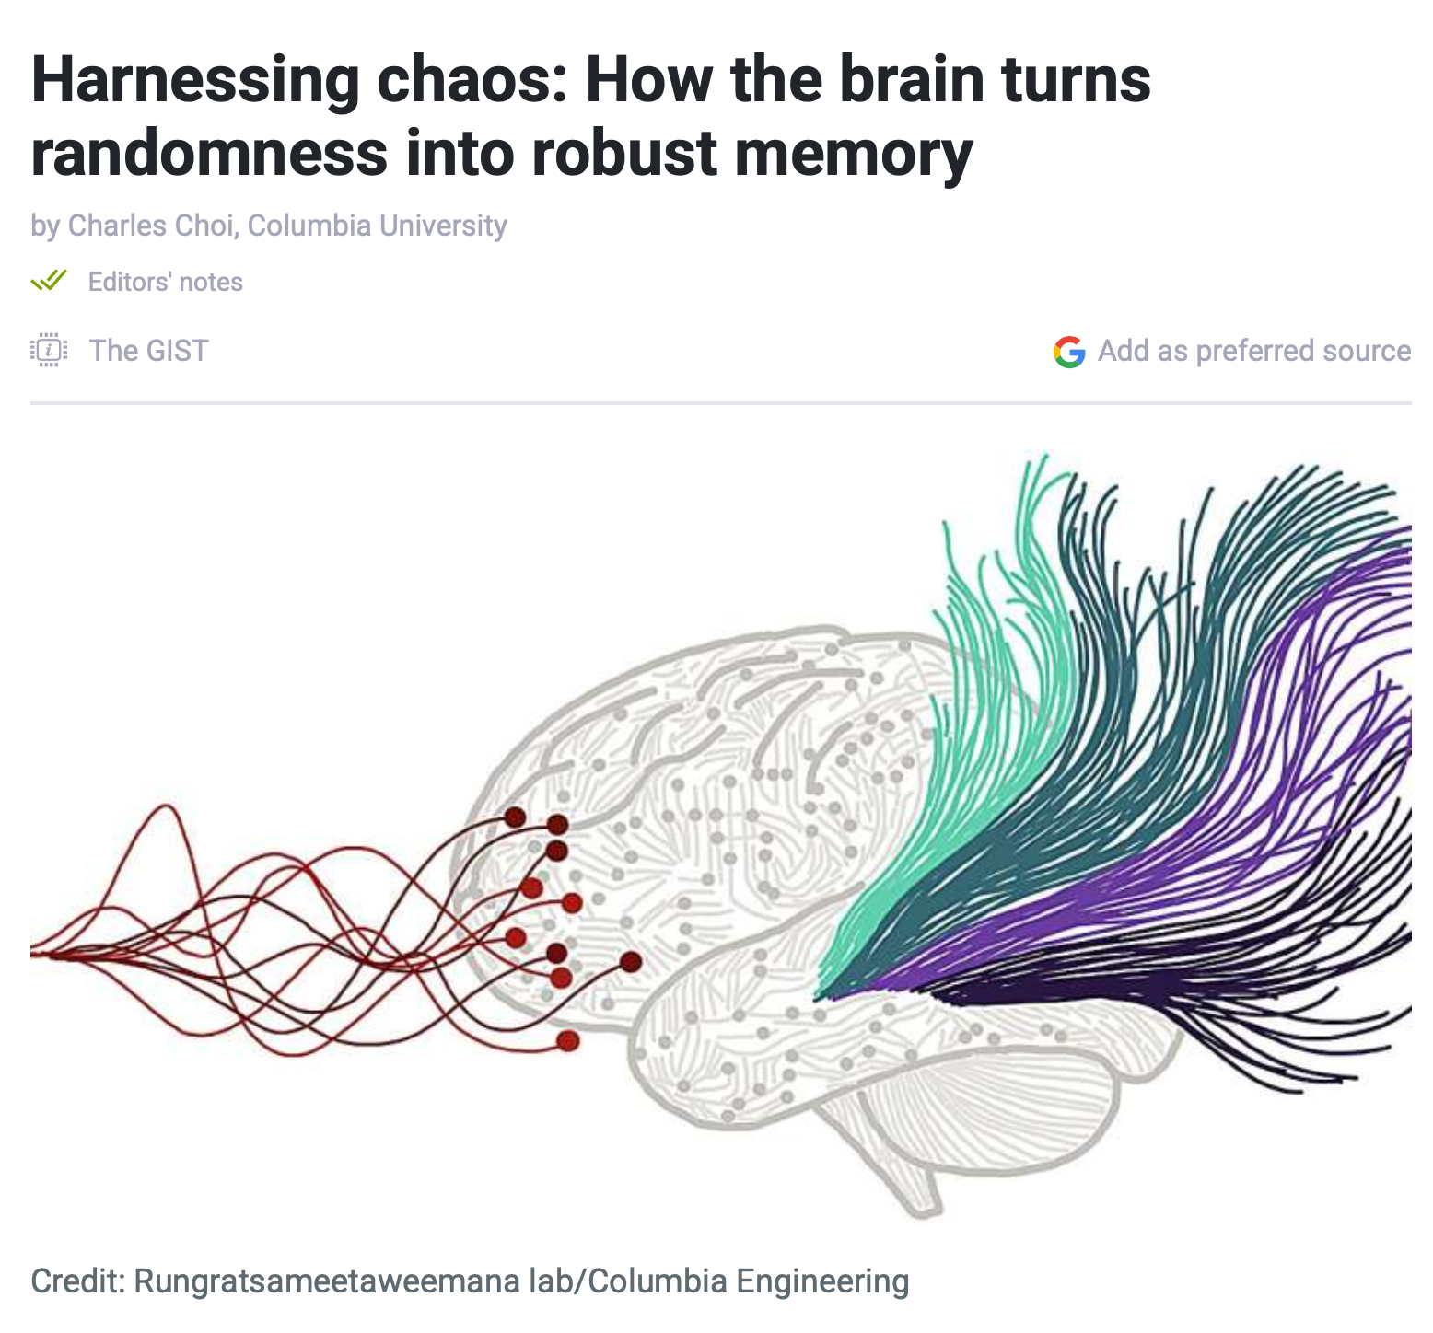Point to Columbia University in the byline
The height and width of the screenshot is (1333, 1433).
[378, 226]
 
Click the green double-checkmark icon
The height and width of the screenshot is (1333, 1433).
[49, 280]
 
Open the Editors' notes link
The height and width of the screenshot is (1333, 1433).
[166, 282]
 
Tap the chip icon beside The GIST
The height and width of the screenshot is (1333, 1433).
[49, 350]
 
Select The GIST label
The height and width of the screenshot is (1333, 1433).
[148, 351]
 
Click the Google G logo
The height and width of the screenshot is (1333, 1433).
[1069, 351]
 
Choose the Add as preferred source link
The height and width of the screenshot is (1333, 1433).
[1254, 351]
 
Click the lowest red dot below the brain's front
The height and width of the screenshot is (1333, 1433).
[568, 1041]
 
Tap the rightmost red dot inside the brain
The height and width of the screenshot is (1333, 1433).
[631, 962]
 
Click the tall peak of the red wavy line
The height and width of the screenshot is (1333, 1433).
[167, 807]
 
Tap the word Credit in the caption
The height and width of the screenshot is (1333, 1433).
[76, 1281]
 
